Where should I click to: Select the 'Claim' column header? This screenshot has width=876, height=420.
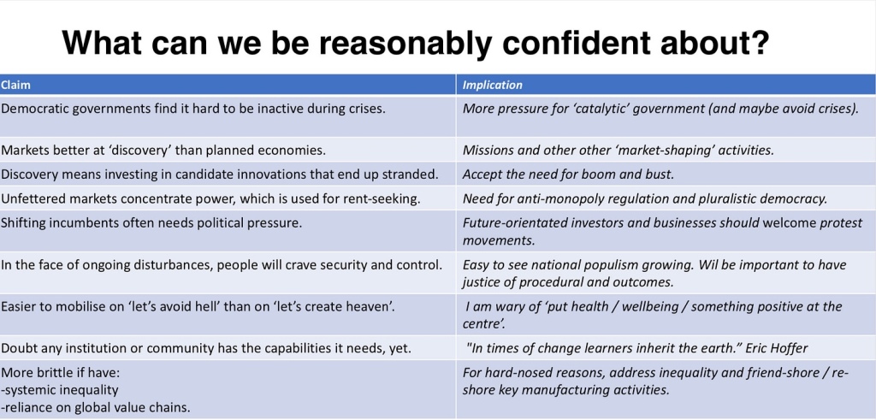[15, 85]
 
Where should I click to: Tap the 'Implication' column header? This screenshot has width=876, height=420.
[492, 85]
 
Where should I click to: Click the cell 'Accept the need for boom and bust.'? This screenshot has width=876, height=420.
[568, 174]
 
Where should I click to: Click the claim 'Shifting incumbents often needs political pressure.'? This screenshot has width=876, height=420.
[151, 223]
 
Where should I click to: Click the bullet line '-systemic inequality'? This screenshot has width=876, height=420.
[60, 389]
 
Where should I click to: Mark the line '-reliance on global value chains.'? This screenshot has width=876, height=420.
[96, 407]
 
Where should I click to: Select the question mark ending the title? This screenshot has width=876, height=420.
[760, 43]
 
